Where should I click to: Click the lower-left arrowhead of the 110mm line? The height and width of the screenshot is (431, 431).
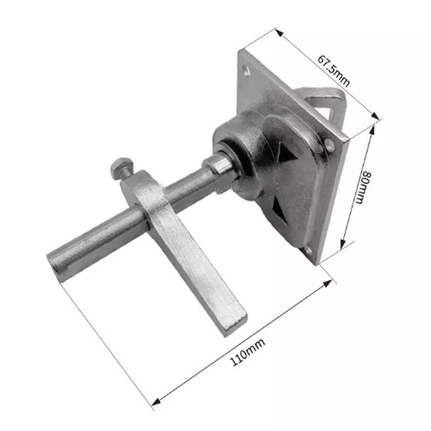[x=156, y=401]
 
